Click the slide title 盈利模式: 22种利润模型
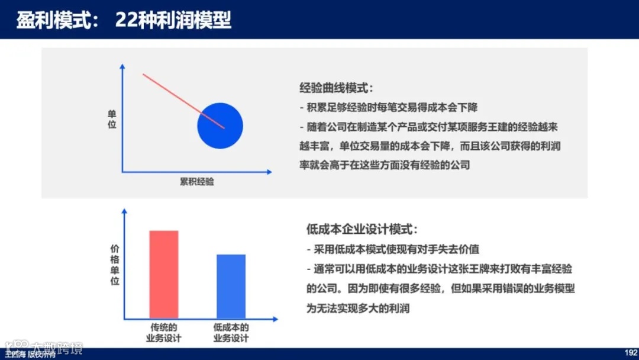pyautogui.click(x=124, y=20)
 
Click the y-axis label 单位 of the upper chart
pyautogui.click(x=112, y=120)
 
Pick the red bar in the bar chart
pyautogui.click(x=164, y=274)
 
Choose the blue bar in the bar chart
pyautogui.click(x=231, y=286)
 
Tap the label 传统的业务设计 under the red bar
pyautogui.click(x=163, y=333)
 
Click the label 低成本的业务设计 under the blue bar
pyautogui.click(x=231, y=333)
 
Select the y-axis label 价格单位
pyautogui.click(x=115, y=265)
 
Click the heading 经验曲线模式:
pyautogui.click(x=337, y=88)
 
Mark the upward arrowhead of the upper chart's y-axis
pyautogui.click(x=122, y=66)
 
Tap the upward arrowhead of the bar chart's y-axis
pyautogui.click(x=124, y=211)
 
